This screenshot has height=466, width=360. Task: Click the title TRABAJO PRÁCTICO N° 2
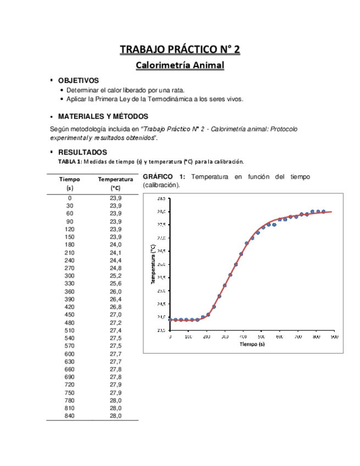180,50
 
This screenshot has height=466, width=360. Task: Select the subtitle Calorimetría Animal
180,66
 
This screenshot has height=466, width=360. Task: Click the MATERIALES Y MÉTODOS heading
103,116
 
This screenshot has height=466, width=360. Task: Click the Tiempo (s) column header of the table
70,183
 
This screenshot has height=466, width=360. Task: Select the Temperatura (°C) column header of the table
115,183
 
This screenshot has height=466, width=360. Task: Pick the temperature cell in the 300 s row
115,275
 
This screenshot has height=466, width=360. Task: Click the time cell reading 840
70,416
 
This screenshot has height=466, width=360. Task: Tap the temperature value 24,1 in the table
115,252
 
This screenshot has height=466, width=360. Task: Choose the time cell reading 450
70,314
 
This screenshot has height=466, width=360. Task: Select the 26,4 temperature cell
115,299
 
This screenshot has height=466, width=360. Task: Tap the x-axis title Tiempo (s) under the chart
252,345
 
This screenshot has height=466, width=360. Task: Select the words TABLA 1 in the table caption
70,162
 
